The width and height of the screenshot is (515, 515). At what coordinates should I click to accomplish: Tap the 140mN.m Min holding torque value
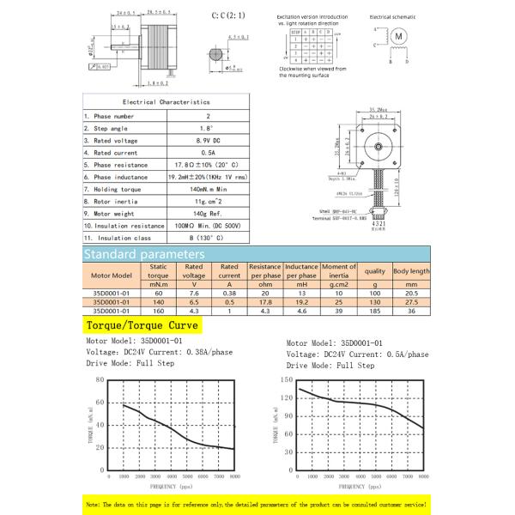tap(209, 187)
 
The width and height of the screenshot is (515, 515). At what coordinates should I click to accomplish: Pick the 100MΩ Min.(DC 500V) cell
tap(209, 224)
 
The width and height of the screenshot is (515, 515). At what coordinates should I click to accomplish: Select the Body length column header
tap(411, 271)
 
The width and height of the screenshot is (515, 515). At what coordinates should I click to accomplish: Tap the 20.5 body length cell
tap(411, 294)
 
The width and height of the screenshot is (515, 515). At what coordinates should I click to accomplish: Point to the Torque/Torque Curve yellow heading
tap(142, 326)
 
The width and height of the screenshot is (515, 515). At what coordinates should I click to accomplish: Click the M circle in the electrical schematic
tap(398, 37)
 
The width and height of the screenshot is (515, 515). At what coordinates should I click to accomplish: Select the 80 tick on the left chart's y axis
tap(100, 379)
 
